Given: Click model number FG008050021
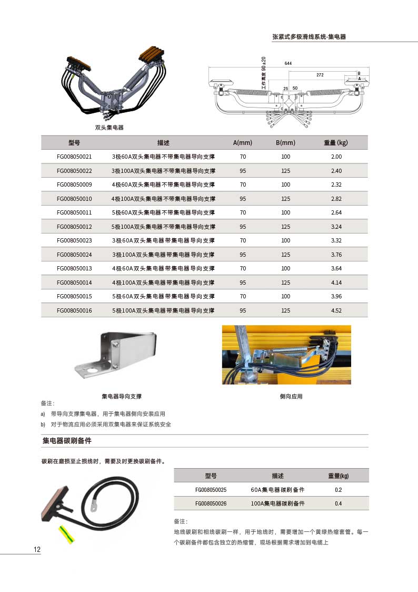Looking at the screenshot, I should click(x=74, y=157).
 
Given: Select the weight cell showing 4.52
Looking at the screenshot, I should click(x=336, y=310).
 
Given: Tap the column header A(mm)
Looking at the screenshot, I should click(x=243, y=143).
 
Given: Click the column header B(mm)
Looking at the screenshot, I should click(x=285, y=143).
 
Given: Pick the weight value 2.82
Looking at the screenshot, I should click(x=336, y=199).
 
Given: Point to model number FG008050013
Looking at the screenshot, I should click(x=74, y=268).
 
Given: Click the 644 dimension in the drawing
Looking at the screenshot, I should click(x=288, y=63).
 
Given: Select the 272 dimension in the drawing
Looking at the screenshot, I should click(x=320, y=75).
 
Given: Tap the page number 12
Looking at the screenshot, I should click(x=37, y=550).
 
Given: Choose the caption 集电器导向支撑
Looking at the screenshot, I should click(x=122, y=396).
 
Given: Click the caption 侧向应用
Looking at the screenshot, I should click(x=291, y=396).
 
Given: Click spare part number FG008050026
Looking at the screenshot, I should click(x=211, y=503).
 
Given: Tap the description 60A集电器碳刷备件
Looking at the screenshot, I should click(x=277, y=490).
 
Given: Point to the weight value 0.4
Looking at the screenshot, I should click(x=338, y=503).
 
